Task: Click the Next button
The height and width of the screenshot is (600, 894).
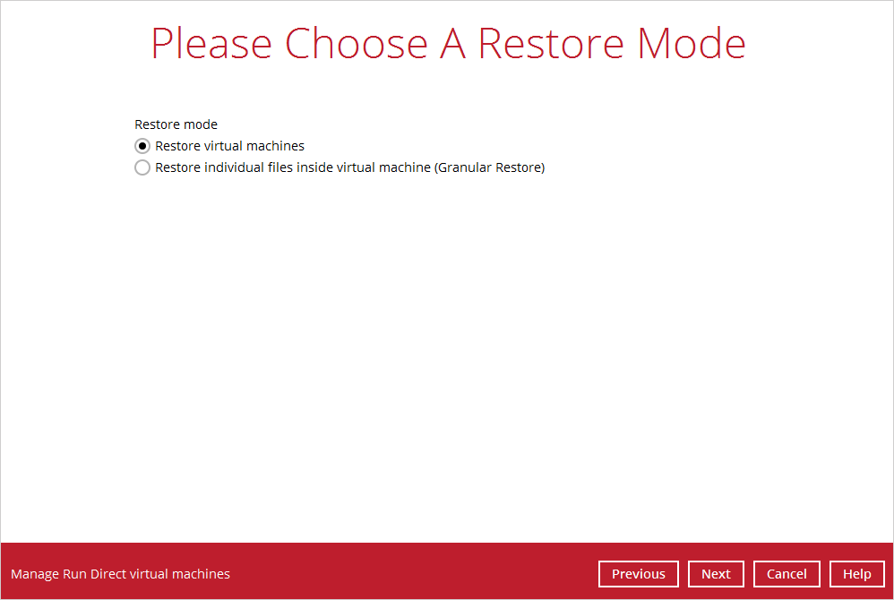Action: click(x=716, y=574)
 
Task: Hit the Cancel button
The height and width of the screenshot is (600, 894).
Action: click(x=787, y=574)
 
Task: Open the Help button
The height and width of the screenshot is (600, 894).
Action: click(x=857, y=574)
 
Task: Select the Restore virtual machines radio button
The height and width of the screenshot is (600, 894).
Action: click(x=142, y=147)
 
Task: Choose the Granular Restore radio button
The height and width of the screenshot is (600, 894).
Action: click(x=142, y=167)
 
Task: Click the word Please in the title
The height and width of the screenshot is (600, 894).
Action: click(x=211, y=44)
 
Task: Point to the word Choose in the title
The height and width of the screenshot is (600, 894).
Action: click(x=357, y=43)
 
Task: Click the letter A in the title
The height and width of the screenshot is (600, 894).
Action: click(x=453, y=43)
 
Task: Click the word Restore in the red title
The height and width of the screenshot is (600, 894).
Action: click(x=551, y=43)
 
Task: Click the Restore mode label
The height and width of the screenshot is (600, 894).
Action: click(x=176, y=124)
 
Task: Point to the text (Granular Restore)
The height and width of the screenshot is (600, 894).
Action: click(x=491, y=167)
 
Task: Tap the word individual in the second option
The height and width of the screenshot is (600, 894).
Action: click(x=227, y=167)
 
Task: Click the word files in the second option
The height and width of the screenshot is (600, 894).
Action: click(x=280, y=167)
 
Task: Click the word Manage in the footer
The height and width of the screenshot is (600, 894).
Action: click(x=35, y=574)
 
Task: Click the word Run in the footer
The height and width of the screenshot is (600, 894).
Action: click(x=74, y=574)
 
